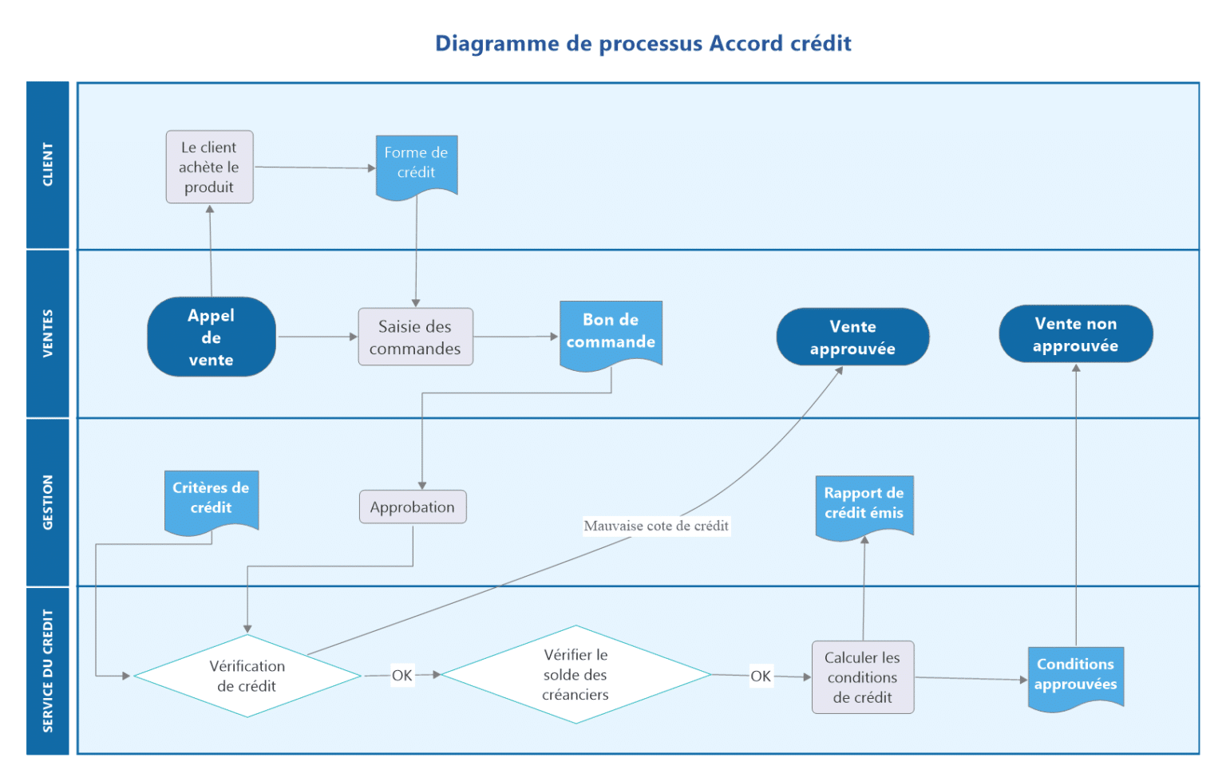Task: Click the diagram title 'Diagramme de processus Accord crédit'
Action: [x=643, y=43]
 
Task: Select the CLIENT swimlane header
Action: [x=48, y=165]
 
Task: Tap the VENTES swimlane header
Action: [x=48, y=333]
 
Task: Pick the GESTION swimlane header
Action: [x=48, y=502]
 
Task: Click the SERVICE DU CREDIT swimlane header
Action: [x=48, y=670]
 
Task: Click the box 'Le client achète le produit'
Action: [x=209, y=168]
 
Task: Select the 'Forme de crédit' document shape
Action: [x=416, y=164]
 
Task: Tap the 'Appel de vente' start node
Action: [x=212, y=337]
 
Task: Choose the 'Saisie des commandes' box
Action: [x=415, y=337]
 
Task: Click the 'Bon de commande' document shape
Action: [x=611, y=332]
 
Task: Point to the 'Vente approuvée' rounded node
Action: [x=852, y=337]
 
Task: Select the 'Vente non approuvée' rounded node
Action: [x=1075, y=334]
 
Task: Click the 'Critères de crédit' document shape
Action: [x=211, y=499]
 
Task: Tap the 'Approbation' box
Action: [x=413, y=507]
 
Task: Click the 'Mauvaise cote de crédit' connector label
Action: [x=656, y=526]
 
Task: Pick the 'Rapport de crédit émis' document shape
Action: [x=864, y=504]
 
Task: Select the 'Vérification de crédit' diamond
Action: [x=247, y=676]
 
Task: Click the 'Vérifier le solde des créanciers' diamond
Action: [x=575, y=675]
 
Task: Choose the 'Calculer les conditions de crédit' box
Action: [x=863, y=677]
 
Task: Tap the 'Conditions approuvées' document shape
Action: [x=1075, y=675]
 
